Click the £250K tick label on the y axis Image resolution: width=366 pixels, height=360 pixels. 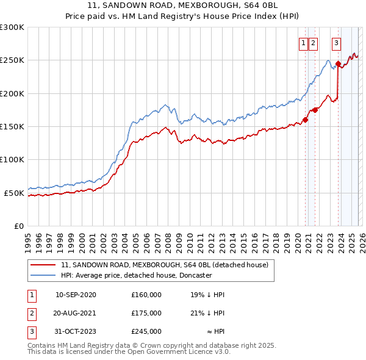pyautogui.click(x=12, y=60)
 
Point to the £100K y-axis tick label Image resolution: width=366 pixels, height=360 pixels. pyautogui.click(x=12, y=160)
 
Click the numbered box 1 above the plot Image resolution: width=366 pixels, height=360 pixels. pyautogui.click(x=303, y=43)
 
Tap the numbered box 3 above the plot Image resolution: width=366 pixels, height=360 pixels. pyautogui.click(x=336, y=43)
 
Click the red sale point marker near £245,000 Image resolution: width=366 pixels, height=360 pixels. pyautogui.click(x=338, y=63)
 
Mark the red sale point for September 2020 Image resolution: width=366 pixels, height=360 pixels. pyautogui.click(x=305, y=120)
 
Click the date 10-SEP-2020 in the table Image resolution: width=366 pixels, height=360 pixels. pyautogui.click(x=76, y=295)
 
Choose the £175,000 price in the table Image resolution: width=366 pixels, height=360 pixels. pyautogui.click(x=146, y=313)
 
